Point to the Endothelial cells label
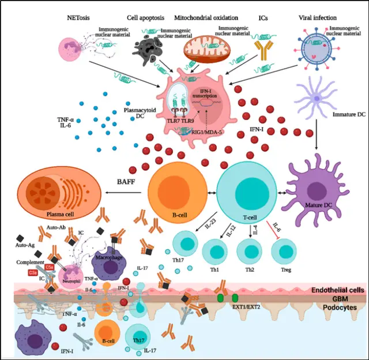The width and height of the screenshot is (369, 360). click(336, 290)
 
